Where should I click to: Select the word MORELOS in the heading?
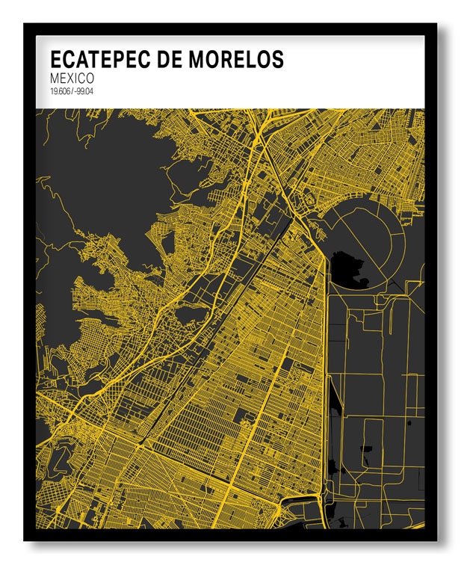click(x=236, y=60)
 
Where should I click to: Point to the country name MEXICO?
click(x=73, y=78)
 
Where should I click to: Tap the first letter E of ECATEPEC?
click(x=55, y=60)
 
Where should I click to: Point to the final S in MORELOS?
click(x=278, y=60)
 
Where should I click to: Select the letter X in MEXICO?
click(x=73, y=78)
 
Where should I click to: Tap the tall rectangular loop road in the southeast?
click(x=373, y=448)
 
